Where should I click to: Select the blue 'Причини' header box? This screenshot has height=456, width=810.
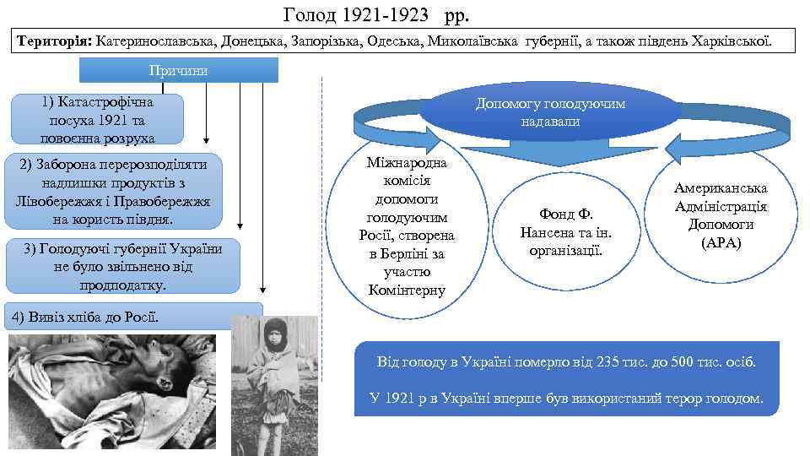click(x=178, y=70)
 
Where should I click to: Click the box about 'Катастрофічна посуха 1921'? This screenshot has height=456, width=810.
click(x=98, y=119)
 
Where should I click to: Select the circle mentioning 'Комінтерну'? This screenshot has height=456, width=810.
click(x=408, y=226)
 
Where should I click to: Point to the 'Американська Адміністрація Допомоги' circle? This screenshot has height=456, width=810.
click(x=721, y=215)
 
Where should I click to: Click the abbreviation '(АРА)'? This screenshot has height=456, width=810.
click(x=721, y=243)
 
